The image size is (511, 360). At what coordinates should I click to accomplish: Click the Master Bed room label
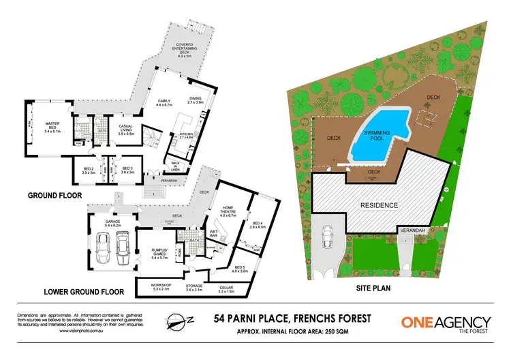point(52,127)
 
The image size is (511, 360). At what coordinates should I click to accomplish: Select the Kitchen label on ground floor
point(186,136)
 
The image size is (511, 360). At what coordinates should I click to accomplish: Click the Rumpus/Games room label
point(158,255)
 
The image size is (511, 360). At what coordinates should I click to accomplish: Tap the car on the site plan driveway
point(329,239)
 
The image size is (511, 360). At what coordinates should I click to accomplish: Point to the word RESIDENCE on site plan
point(380,205)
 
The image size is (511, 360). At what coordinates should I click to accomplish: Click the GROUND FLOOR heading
point(56,195)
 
